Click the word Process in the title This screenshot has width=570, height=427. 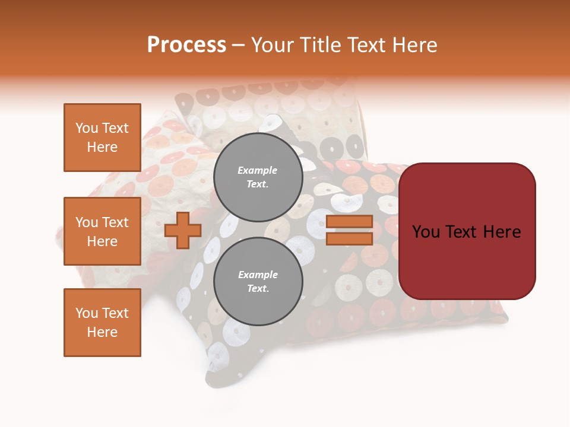(x=186, y=45)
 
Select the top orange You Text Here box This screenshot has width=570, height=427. (x=102, y=138)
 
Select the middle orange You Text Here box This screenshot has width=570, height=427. (x=102, y=231)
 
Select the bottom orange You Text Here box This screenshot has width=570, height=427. (x=102, y=323)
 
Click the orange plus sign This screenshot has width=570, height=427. (x=183, y=230)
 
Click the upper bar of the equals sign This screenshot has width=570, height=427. (x=349, y=221)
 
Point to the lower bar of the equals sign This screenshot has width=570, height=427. (x=349, y=238)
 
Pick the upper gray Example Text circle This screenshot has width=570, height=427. (x=258, y=177)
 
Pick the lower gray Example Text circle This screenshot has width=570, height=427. (x=258, y=281)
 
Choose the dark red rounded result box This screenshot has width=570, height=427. (x=467, y=231)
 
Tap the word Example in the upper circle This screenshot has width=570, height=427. (x=258, y=170)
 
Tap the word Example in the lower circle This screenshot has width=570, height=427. (x=258, y=275)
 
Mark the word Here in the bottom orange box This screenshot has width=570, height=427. (x=102, y=332)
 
